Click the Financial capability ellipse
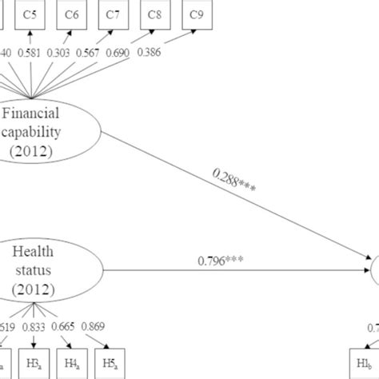pyautogui.click(x=50, y=130)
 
